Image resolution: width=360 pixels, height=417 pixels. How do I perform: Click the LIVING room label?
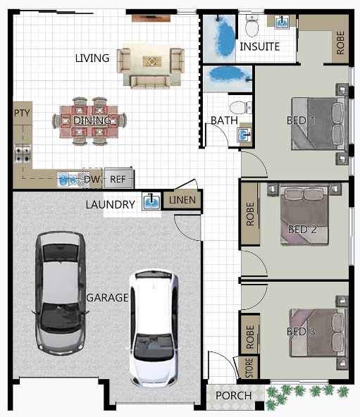(x=92, y=58)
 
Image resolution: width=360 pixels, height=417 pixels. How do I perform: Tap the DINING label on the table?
(x=92, y=120)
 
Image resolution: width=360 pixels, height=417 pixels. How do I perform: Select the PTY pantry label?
(x=22, y=113)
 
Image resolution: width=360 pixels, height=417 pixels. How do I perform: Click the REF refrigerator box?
(x=118, y=178)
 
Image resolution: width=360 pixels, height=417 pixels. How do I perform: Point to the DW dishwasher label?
(x=92, y=179)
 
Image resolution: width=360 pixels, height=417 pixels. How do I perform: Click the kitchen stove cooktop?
(x=23, y=154)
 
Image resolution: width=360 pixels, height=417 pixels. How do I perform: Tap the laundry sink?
(x=151, y=201)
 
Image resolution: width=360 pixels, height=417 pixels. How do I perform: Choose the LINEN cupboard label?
(x=182, y=200)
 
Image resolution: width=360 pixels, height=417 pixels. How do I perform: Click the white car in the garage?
(x=154, y=329)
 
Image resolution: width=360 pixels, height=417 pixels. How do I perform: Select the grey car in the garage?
(x=61, y=293)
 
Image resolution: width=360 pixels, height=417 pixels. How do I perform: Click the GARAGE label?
(x=108, y=297)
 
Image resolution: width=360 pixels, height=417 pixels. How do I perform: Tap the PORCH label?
(x=234, y=395)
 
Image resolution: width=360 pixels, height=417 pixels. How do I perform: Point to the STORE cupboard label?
(x=249, y=368)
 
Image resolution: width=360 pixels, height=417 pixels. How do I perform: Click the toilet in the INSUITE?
(x=252, y=26)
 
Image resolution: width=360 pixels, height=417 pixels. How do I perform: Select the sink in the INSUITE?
(x=282, y=22)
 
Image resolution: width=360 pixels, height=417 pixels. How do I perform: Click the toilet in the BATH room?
(x=240, y=107)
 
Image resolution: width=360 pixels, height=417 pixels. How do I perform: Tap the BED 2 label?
(x=302, y=229)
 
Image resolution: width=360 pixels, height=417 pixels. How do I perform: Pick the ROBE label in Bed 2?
(x=250, y=214)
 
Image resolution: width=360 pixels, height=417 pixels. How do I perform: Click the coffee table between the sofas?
(x=152, y=62)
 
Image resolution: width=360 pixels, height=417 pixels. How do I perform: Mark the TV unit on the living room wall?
(x=151, y=18)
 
